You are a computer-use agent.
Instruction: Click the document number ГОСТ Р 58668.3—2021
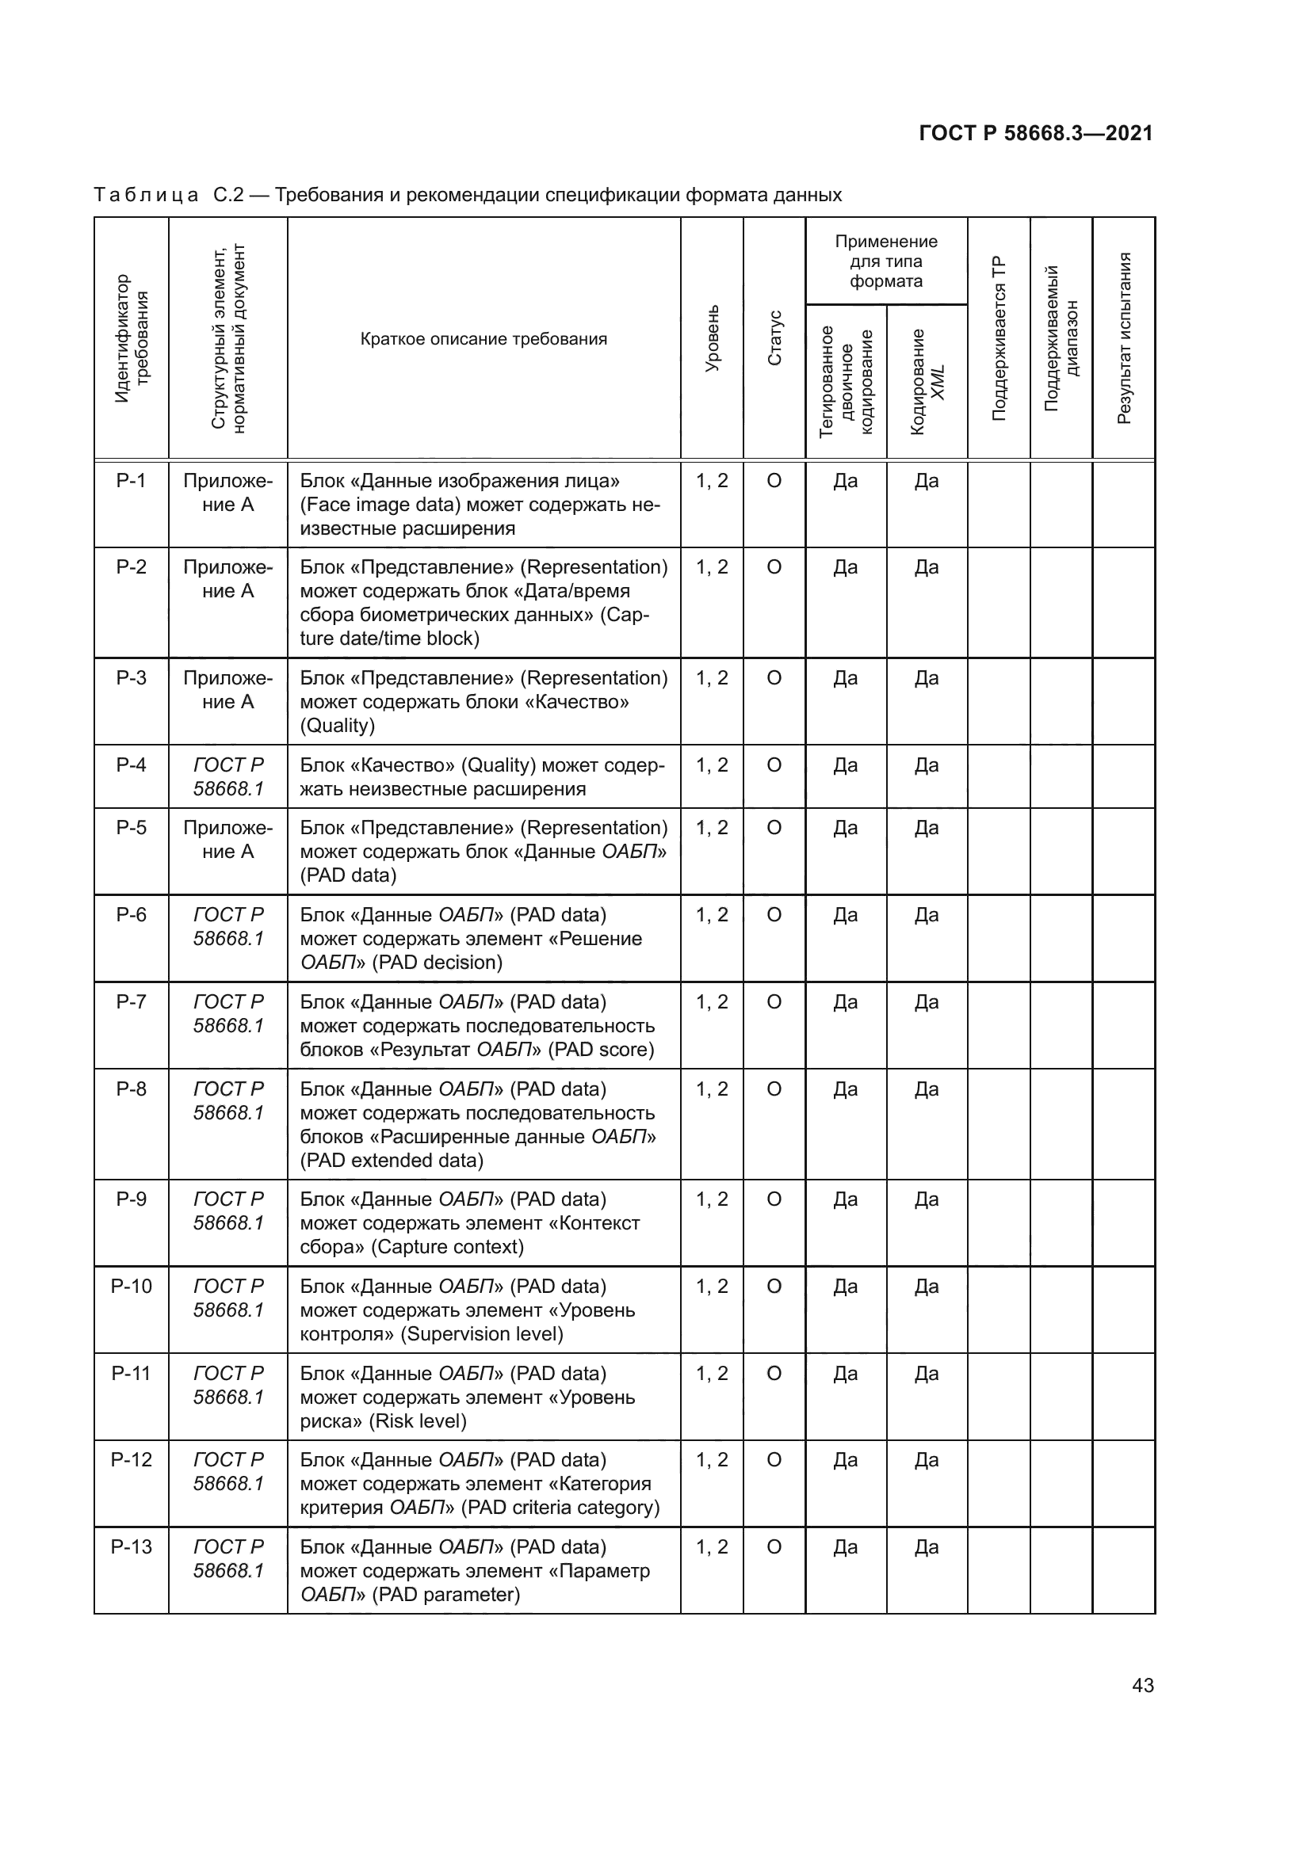point(1036,133)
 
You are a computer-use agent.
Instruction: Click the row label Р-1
point(131,481)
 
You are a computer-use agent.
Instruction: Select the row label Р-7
point(131,1001)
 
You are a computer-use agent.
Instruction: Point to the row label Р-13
point(131,1546)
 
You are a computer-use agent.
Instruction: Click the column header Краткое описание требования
point(484,339)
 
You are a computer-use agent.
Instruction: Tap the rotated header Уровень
point(712,339)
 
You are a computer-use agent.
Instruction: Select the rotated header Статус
point(774,339)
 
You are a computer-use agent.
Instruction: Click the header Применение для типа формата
point(886,261)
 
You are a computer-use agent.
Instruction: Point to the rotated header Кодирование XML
point(927,382)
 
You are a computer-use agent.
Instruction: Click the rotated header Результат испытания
point(1124,339)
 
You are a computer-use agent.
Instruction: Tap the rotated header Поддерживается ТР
point(999,339)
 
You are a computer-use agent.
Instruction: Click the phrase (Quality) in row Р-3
point(338,726)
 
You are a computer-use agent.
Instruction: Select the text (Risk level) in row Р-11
point(418,1420)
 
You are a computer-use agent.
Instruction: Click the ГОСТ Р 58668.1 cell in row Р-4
point(228,776)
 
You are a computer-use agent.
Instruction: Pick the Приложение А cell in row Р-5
point(228,839)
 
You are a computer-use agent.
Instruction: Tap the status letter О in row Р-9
point(774,1199)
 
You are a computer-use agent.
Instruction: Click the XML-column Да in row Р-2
point(927,567)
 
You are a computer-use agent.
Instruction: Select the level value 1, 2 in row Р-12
point(712,1459)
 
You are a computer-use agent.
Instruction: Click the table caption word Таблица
point(146,196)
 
